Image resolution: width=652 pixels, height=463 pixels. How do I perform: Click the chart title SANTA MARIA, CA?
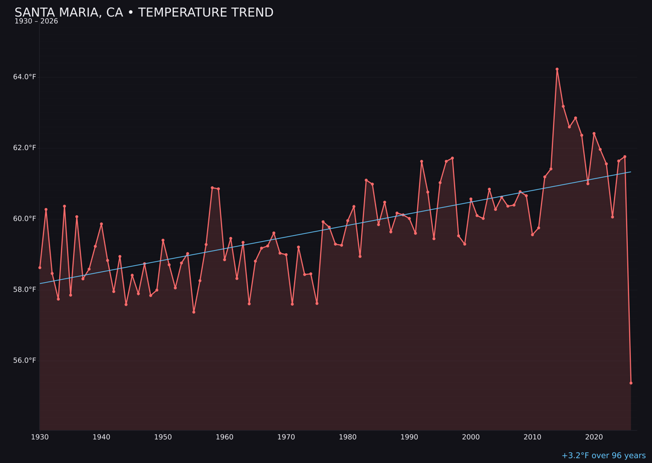(x=144, y=13)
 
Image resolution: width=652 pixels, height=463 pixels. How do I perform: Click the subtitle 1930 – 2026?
(x=36, y=22)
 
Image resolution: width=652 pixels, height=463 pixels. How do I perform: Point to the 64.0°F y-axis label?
(x=25, y=77)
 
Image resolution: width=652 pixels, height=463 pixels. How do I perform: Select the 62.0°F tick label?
(x=25, y=148)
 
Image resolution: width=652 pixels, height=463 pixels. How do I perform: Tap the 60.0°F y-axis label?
(x=25, y=219)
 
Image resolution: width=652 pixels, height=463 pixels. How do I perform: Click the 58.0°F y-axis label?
(x=25, y=289)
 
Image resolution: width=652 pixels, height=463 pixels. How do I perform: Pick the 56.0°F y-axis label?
(x=25, y=361)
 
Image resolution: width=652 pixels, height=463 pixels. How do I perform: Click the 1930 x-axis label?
(x=40, y=437)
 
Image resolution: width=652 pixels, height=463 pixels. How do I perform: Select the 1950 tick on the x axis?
(x=163, y=437)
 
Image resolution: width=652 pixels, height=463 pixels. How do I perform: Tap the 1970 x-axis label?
(x=286, y=437)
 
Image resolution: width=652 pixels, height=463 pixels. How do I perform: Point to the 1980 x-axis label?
(x=348, y=437)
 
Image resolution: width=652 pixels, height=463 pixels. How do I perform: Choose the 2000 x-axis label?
(x=471, y=437)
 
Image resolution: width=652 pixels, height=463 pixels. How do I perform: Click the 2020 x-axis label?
(x=594, y=437)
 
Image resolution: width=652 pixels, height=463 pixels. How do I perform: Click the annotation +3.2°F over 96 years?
(x=603, y=456)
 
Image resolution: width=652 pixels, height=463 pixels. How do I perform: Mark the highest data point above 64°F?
(x=557, y=69)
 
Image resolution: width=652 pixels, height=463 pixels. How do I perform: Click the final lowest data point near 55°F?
(x=631, y=383)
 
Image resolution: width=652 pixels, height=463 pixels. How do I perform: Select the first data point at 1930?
(x=40, y=268)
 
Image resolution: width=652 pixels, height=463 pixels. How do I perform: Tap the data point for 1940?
(x=101, y=224)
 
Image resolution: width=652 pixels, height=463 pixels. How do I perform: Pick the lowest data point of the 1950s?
(x=194, y=312)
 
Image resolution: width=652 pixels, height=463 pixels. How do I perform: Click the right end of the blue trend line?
(x=631, y=172)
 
